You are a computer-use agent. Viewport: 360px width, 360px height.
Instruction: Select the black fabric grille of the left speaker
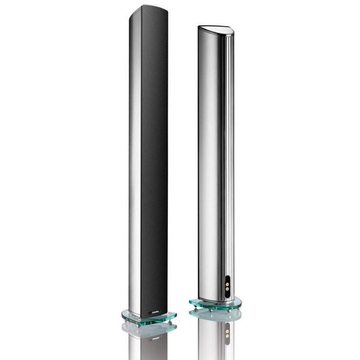tap(153, 157)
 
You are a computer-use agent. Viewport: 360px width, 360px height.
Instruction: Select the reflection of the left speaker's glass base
tap(147, 330)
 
